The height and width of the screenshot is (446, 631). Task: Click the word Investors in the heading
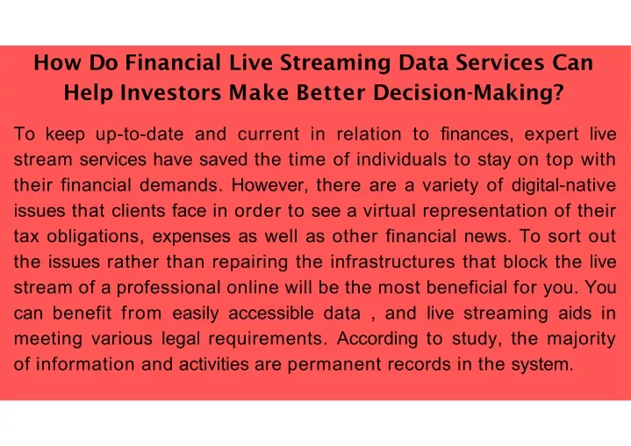click(170, 92)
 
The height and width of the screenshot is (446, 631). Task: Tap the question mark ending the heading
click(558, 92)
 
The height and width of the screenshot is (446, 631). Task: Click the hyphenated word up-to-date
click(140, 134)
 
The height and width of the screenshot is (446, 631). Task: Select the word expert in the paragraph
click(551, 134)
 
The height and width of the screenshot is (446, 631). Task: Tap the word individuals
click(401, 160)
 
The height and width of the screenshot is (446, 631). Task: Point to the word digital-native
click(563, 185)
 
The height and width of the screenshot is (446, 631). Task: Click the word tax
click(26, 237)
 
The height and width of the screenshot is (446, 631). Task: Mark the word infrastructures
click(392, 262)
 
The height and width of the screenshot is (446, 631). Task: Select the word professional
click(169, 288)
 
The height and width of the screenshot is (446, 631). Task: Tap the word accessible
click(271, 313)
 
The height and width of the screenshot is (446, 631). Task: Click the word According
click(377, 339)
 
